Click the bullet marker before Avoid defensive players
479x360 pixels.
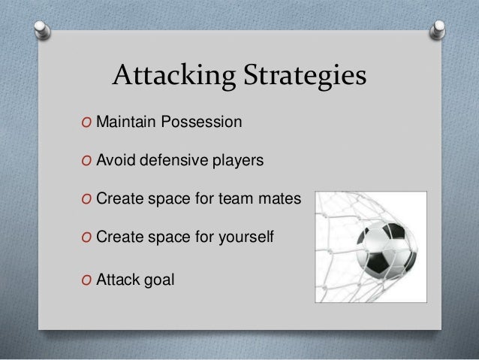click(88, 161)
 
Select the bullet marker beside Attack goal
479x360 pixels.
click(88, 280)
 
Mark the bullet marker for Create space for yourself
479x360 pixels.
click(88, 239)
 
